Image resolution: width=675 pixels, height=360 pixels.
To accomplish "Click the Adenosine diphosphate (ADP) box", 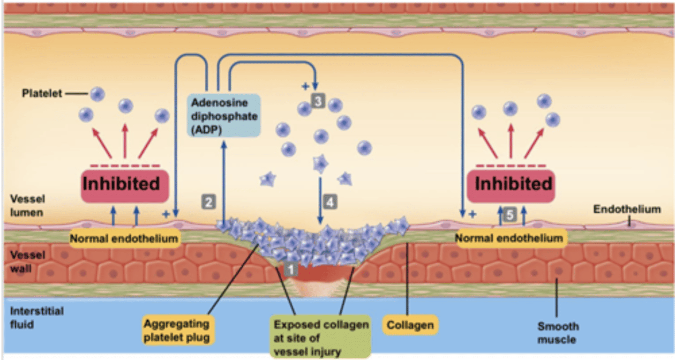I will (x=224, y=115).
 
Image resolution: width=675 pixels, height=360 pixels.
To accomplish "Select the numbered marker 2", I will (x=209, y=202).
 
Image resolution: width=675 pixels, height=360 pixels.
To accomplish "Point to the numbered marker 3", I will (x=318, y=101).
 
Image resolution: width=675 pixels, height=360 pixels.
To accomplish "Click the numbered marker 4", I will (x=330, y=202).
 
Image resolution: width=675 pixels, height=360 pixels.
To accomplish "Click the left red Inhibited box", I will (x=121, y=184).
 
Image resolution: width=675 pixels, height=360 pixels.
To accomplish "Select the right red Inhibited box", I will (x=514, y=184).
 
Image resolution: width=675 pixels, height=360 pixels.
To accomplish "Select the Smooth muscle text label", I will (x=558, y=332).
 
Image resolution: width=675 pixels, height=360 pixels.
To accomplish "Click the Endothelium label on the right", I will (x=627, y=209).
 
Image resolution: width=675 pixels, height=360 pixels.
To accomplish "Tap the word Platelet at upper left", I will (x=42, y=94).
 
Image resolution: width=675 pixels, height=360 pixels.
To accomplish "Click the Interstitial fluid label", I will (x=30, y=317).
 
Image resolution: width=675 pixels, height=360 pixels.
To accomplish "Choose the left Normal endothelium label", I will (x=124, y=239).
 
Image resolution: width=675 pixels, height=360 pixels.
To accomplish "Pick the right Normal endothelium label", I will (x=509, y=238).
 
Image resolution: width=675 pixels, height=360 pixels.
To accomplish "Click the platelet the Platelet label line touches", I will (x=97, y=94).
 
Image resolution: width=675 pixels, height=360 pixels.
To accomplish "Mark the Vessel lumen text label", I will (x=27, y=205).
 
